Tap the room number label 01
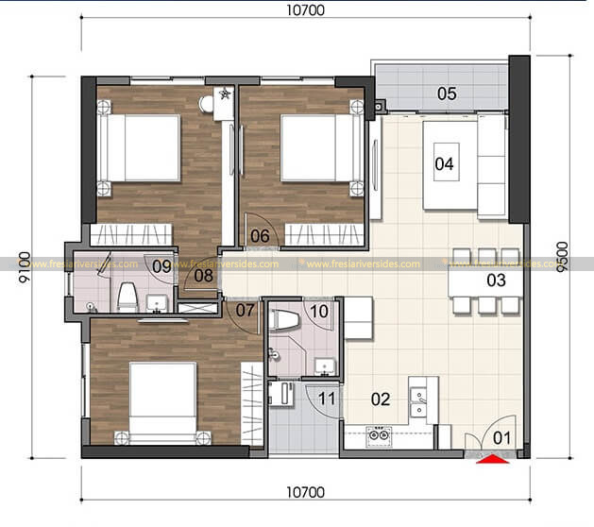tap(501, 437)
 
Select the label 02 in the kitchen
tap(380, 399)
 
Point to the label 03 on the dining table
tap(496, 280)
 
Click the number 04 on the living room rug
tap(447, 93)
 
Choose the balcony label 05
tap(260, 236)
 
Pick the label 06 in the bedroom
tap(245, 309)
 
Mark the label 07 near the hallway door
tap(204, 276)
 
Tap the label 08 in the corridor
tap(161, 266)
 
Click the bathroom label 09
tap(318, 310)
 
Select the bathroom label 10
tap(326, 399)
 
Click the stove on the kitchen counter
tap(379, 435)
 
